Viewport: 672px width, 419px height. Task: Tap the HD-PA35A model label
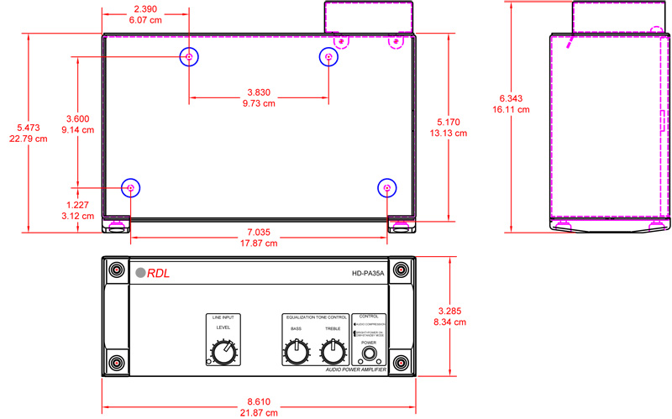(x=368, y=272)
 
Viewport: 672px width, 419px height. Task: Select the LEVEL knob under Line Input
(x=223, y=354)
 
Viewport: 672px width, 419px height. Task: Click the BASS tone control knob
(x=297, y=354)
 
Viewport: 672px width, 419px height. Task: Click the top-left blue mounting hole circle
(x=189, y=56)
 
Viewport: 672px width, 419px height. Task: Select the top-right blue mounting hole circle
(x=328, y=56)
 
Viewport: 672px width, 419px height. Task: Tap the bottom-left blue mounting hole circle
(x=131, y=188)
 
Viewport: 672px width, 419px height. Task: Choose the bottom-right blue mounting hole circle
(x=387, y=188)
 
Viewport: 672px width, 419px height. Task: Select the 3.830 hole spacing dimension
(x=259, y=92)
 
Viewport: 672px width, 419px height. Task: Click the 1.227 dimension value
(x=79, y=205)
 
